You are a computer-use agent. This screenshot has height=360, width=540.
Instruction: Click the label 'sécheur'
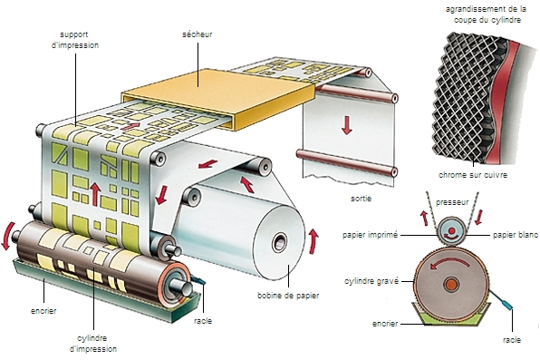pos(197,34)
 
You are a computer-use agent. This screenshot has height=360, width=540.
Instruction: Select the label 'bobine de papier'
pos(288,296)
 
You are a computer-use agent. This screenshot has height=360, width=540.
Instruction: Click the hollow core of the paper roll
pos(279,242)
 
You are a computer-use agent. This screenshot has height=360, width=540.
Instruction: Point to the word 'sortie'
pos(361,199)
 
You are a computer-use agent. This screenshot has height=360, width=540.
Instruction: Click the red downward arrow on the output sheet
pos(347,125)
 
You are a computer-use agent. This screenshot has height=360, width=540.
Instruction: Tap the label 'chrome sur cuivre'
pos(473,175)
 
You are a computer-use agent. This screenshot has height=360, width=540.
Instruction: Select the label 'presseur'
pos(452,202)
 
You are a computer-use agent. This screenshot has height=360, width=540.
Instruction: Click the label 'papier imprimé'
pos(370,235)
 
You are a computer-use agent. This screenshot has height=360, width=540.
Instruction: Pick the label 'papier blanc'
pos(516,235)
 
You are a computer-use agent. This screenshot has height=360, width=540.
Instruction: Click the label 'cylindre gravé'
pos(371,281)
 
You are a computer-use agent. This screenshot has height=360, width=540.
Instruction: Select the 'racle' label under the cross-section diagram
pos(511,340)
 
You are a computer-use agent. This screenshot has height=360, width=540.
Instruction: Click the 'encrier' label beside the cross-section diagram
pos(385,324)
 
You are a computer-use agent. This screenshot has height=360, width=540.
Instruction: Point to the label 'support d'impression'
pos(75,40)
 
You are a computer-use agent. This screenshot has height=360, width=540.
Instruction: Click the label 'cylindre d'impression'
pos(93,344)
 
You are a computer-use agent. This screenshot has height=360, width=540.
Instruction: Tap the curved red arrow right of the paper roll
pos(313,240)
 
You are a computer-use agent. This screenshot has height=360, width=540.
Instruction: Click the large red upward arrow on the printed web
pos(95,194)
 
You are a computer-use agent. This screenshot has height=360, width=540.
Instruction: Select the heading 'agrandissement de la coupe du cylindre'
pos(487,15)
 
